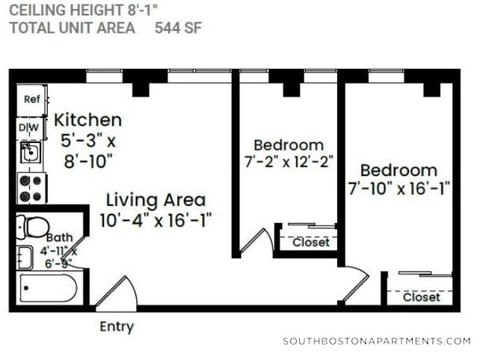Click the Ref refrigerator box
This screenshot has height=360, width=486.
(x=31, y=100)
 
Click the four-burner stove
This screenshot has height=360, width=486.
(x=31, y=188)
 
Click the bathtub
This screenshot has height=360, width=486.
(x=49, y=288)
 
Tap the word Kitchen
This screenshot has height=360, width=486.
(x=88, y=120)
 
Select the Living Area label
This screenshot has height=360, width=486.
(x=156, y=201)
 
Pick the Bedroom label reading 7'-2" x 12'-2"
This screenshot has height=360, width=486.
(x=289, y=144)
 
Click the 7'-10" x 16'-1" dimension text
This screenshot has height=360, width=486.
(x=399, y=188)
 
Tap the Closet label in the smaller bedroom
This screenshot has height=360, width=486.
(x=310, y=242)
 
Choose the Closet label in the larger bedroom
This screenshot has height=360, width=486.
(x=422, y=297)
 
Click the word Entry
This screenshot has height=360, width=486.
(x=117, y=326)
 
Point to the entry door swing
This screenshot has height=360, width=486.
(x=116, y=292)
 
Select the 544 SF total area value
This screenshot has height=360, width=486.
(x=178, y=28)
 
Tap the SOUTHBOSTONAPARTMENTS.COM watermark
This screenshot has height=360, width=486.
(x=377, y=341)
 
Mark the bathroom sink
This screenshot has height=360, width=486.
(x=25, y=257)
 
